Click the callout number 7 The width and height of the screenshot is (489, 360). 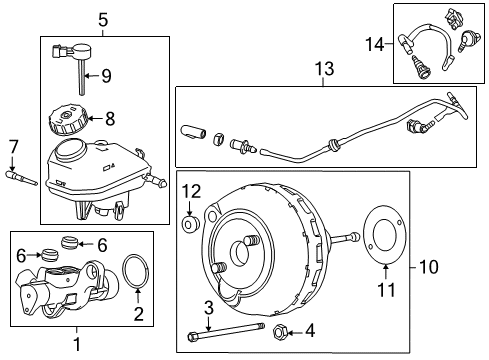[13, 148]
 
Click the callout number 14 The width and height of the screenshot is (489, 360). [374, 43]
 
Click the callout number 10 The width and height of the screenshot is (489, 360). [432, 266]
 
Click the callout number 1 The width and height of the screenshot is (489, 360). [75, 345]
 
